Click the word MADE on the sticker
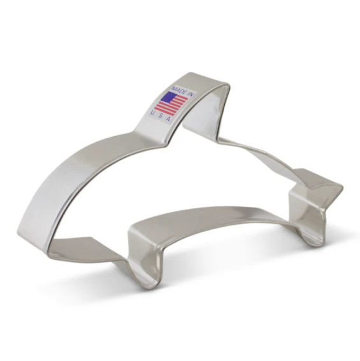click(179, 90)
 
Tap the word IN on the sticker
click(192, 94)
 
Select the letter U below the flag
click(152, 112)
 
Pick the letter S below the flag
click(160, 116)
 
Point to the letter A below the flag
click(168, 119)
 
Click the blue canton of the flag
click(169, 97)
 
